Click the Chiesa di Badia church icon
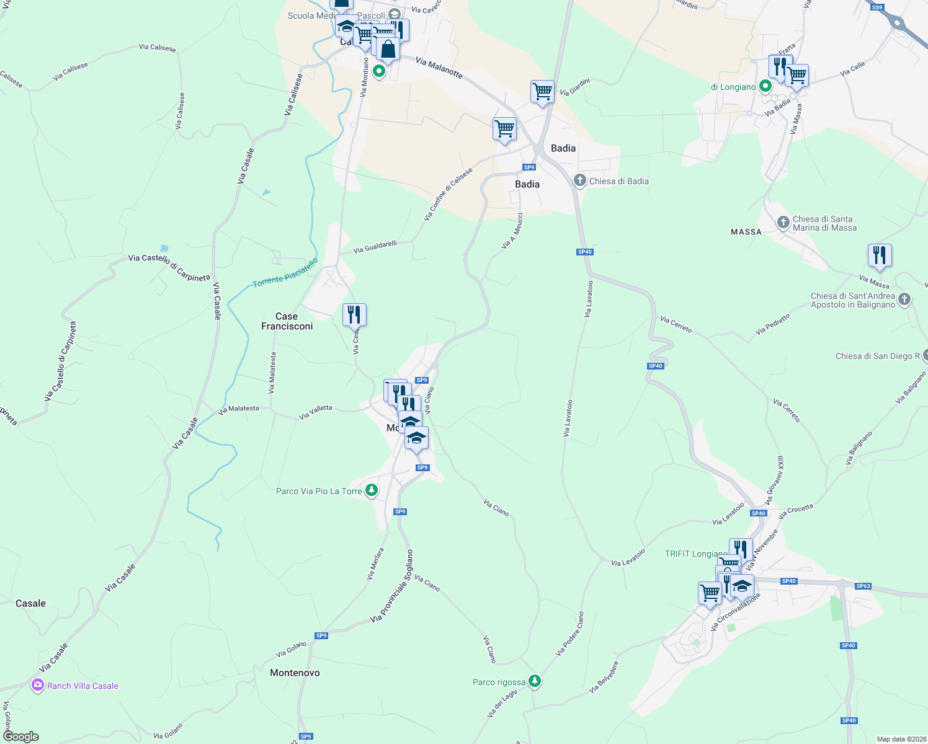pos(579,180)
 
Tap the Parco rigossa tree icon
pos(535,681)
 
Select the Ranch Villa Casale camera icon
pos(38,685)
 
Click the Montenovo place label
pos(295,673)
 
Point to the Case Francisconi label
pos(287,321)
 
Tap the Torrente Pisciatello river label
pos(285,273)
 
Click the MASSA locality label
pos(746,232)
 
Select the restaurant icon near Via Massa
pos(879,255)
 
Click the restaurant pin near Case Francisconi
pos(354,314)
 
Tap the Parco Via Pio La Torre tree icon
pos(371,490)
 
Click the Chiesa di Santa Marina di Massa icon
pos(783,222)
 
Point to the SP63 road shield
pos(863,586)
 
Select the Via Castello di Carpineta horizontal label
pos(169,267)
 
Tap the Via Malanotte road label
pos(439,68)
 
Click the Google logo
pos(21,736)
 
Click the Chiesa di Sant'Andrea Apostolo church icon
pos(904,299)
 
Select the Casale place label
pos(30,603)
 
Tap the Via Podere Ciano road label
pos(569,634)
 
